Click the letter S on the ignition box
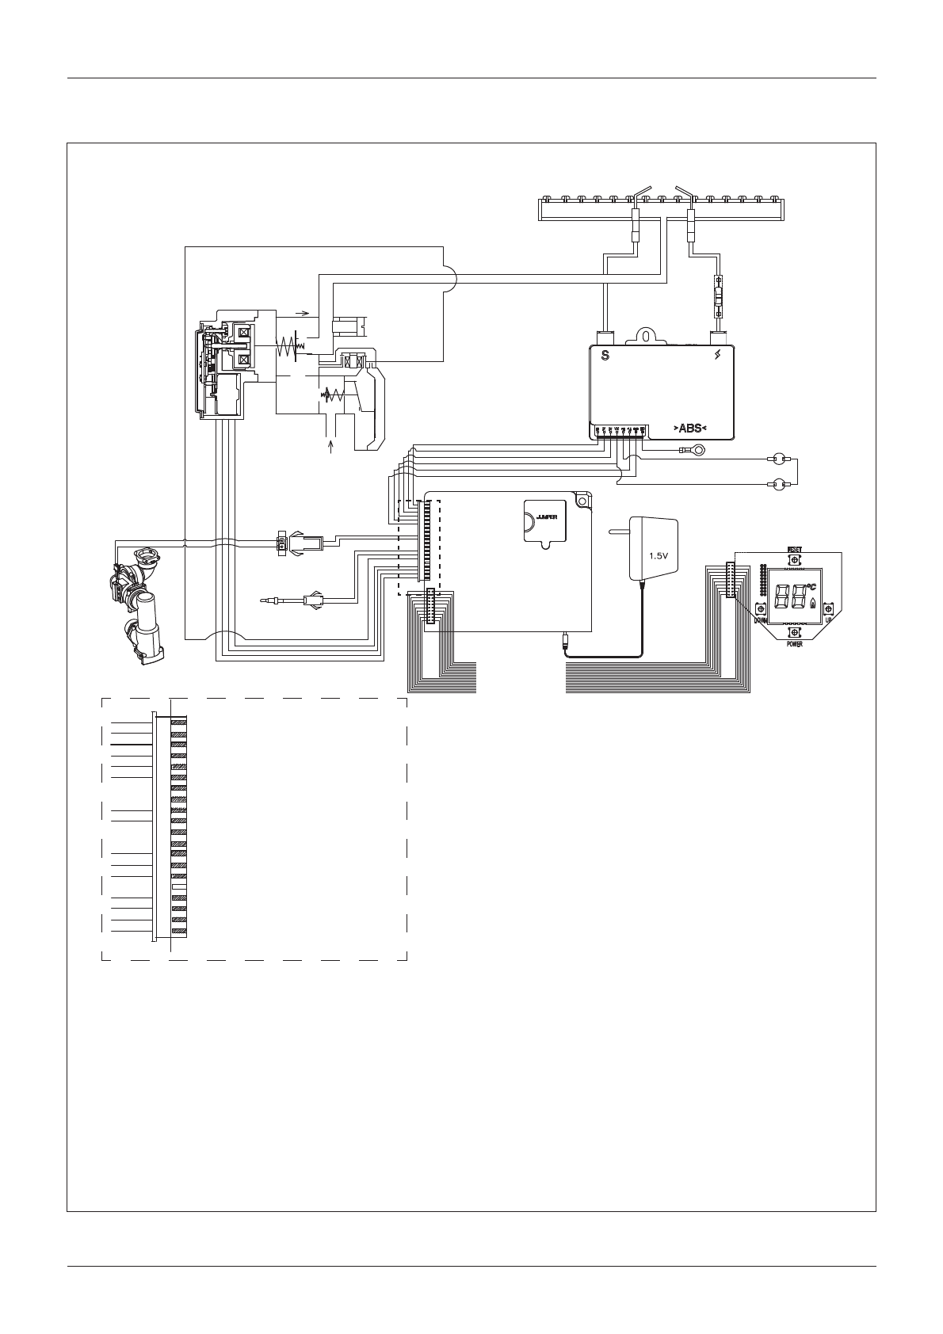click(x=605, y=356)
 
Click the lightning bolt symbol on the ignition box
click(x=718, y=356)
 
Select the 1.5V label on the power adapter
click(x=659, y=555)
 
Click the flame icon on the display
click(x=811, y=603)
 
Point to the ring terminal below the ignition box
click(x=698, y=452)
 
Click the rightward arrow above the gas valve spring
click(x=301, y=314)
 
